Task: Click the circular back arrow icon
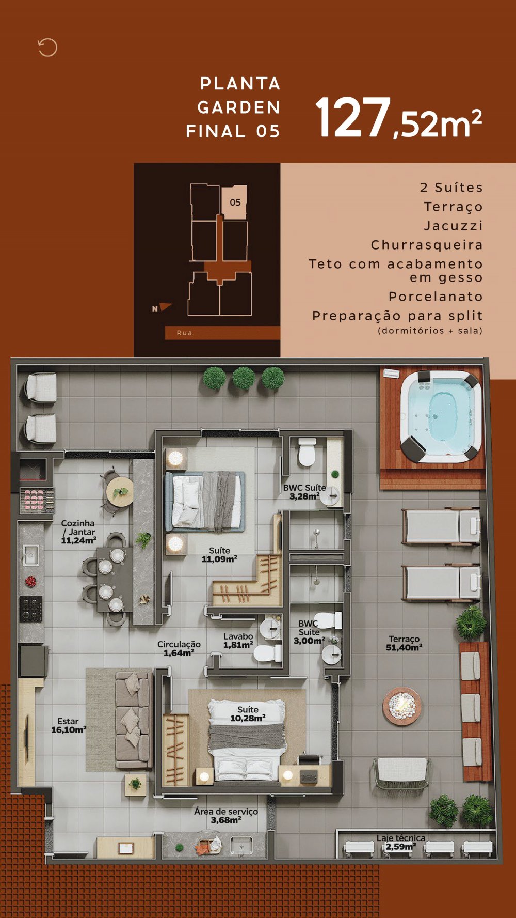point(47,48)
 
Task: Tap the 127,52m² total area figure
point(398,118)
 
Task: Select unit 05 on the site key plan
point(235,203)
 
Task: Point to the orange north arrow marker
point(165,307)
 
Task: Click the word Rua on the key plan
point(184,333)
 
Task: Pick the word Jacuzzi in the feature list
point(454,226)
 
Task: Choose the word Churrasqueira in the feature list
point(427,245)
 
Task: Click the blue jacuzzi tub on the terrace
point(441,415)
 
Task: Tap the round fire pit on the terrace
point(402,706)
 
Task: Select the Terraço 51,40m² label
point(404,643)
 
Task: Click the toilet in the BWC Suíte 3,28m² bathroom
point(307,452)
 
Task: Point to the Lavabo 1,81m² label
point(238,641)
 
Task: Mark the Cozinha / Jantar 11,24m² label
point(78,532)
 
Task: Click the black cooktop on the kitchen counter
point(30,609)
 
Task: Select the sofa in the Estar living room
point(134,720)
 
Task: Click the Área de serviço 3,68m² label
point(226,816)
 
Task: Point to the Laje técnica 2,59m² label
point(401,842)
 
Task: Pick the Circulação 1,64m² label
point(179,649)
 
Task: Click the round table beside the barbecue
point(120,491)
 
